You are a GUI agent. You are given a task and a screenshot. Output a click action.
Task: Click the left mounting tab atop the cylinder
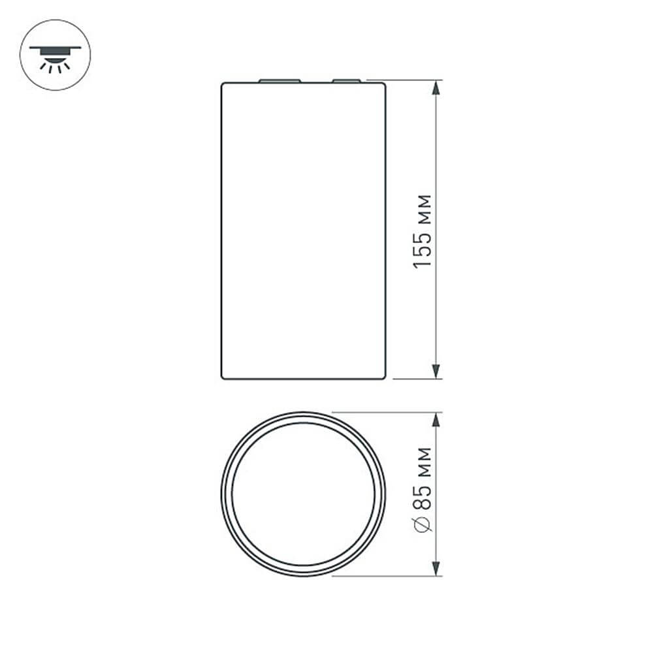tap(279, 81)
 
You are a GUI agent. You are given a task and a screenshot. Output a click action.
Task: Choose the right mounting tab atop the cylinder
tap(345, 81)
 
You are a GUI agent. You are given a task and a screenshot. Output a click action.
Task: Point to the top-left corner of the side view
tap(223, 84)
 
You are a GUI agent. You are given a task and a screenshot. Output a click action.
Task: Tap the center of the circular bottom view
tap(303, 494)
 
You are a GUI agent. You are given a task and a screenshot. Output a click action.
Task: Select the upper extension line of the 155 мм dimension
tap(411, 80)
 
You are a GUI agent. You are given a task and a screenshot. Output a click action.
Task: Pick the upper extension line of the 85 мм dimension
tap(385, 412)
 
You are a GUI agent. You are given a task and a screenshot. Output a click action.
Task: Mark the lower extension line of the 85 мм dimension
tap(385, 576)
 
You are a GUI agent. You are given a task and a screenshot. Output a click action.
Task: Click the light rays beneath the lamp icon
tap(55, 65)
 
